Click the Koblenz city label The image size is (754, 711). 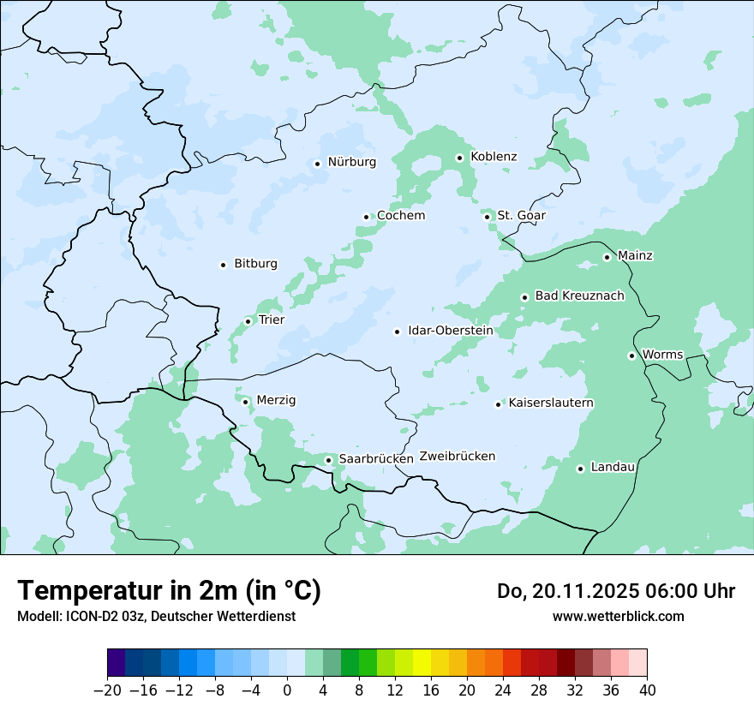pos(494,157)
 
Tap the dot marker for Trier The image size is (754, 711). pos(248,321)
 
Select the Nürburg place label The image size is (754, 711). pos(351,162)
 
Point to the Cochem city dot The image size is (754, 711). pos(366,217)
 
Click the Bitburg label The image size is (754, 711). pos(255,264)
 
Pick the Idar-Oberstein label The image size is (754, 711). pos(450,331)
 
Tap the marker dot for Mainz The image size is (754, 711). pos(607,257)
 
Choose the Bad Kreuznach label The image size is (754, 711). pos(579,296)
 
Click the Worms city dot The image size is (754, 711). pos(631,355)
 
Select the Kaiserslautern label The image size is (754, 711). pos(551,403)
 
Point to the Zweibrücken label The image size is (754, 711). pos(457,457)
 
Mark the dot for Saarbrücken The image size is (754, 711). pos(328,460)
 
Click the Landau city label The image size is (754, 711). pos(613,467)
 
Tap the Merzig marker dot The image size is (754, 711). pos(245,401)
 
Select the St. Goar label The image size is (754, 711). pos(521,215)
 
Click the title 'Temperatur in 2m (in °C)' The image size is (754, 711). pos(169,591)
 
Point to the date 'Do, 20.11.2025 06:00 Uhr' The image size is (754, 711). pos(616,591)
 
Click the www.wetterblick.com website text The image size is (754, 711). pos(618,617)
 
